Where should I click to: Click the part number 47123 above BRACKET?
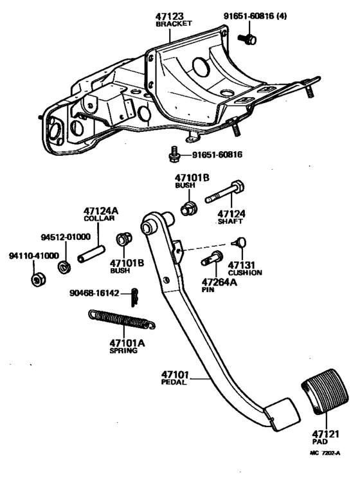tap(169, 15)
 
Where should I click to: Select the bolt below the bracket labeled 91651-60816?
tap(174, 155)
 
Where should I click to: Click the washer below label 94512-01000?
tap(65, 266)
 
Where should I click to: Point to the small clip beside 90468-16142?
tap(134, 297)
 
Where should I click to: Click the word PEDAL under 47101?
tap(174, 382)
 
